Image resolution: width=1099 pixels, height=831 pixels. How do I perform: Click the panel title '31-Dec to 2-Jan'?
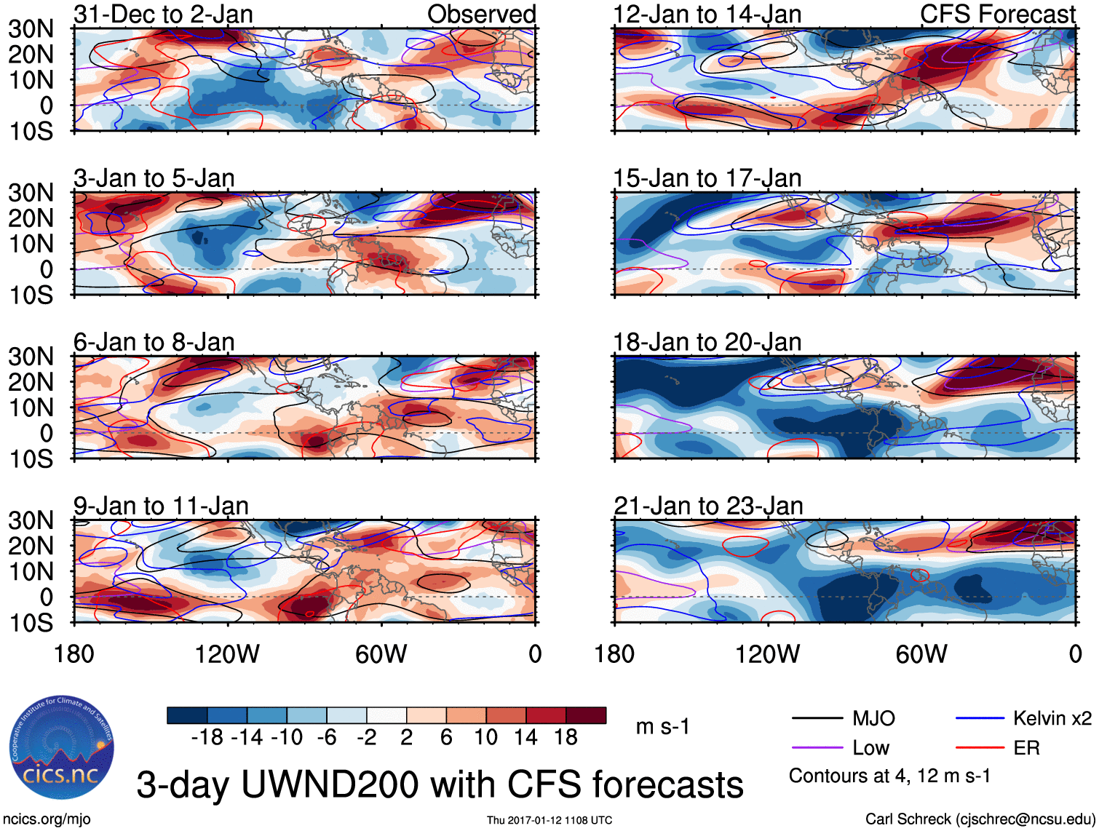163,14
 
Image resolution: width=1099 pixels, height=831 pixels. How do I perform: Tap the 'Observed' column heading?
481,14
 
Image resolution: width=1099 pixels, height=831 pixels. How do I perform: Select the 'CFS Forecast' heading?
997,14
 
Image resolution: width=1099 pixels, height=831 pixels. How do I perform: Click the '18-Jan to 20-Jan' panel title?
707,342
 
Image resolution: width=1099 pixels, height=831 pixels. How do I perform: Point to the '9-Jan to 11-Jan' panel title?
161,506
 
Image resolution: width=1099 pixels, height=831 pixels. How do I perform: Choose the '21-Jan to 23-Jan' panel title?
708,506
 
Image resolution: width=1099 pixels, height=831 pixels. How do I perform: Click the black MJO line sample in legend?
817,719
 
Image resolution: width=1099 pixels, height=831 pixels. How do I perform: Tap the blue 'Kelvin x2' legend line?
980,719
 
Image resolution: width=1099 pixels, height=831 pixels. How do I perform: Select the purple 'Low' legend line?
817,748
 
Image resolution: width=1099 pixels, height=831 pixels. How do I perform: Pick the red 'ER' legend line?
980,748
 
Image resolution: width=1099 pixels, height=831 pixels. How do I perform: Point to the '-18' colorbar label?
207,738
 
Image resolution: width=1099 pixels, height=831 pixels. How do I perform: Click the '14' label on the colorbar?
525,738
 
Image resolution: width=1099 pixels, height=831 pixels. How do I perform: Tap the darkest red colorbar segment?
586,715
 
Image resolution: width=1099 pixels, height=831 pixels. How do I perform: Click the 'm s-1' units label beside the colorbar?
662,727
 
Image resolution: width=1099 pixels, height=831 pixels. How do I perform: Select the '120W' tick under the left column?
227,654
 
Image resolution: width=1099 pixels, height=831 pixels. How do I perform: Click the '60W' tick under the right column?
921,654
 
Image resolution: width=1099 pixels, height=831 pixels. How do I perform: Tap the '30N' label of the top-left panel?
31,29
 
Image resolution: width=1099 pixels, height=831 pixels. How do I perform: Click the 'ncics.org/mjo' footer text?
47,819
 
